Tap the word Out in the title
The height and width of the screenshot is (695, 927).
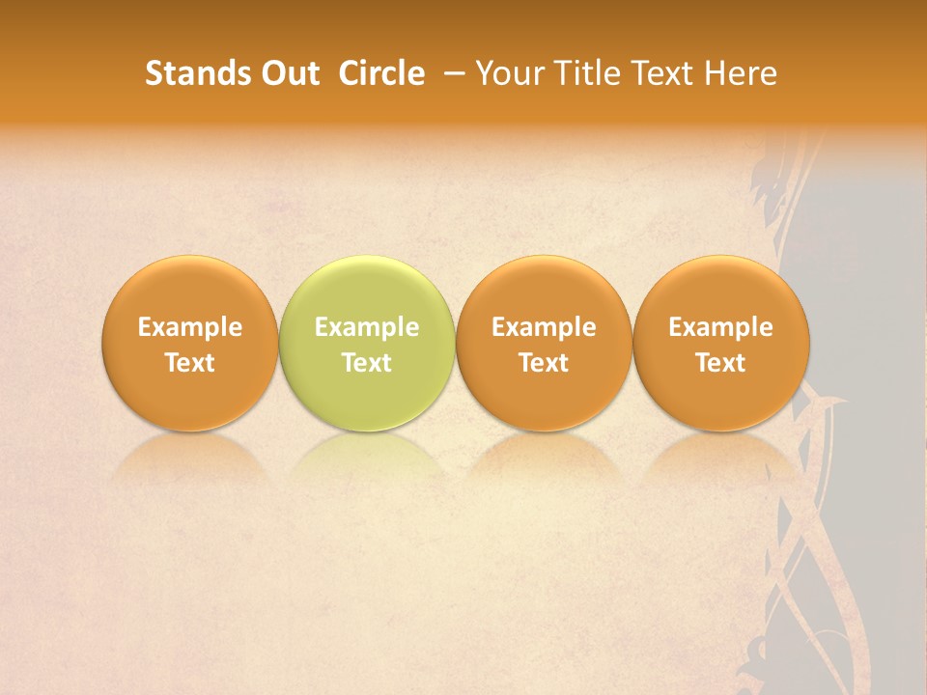click(288, 73)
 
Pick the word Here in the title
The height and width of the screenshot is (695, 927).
click(741, 73)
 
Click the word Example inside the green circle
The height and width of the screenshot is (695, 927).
click(367, 327)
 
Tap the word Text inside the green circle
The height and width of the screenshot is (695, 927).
click(367, 363)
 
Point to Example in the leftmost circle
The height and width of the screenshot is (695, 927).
click(190, 327)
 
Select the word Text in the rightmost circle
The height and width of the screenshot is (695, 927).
click(720, 363)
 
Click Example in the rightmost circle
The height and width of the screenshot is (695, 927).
click(720, 327)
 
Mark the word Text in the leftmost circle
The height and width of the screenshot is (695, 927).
click(190, 363)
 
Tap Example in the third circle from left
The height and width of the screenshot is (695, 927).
click(544, 327)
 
